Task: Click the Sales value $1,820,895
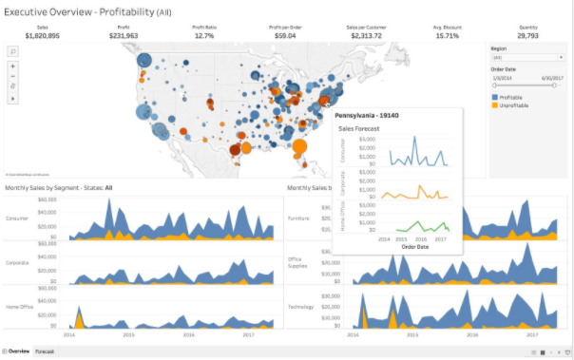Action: (42, 35)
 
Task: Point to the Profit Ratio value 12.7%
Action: (203, 35)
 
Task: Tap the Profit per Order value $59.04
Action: (284, 35)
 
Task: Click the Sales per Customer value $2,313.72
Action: (366, 35)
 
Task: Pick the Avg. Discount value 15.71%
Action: (447, 35)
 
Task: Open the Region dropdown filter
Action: (526, 57)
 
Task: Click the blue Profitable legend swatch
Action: (495, 97)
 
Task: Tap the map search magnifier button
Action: (13, 51)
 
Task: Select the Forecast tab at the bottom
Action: (45, 351)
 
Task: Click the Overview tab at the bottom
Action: (18, 351)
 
